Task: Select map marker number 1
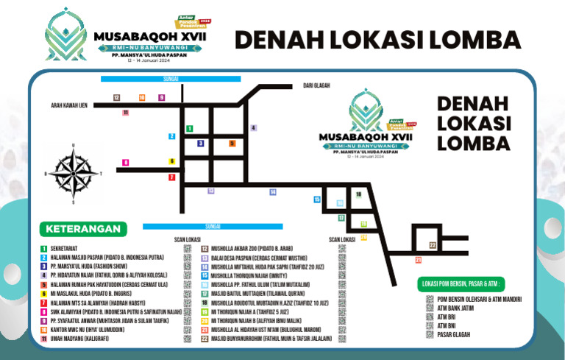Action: click(189, 129)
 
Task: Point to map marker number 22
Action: click(433, 244)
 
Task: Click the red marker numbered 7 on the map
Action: click(171, 177)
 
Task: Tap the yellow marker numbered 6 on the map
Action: click(172, 161)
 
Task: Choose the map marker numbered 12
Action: click(116, 97)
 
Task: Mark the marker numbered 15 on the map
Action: click(317, 200)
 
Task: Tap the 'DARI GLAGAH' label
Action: click(316, 86)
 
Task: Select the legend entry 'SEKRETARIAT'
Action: click(66, 249)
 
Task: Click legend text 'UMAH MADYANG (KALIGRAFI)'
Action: click(82, 339)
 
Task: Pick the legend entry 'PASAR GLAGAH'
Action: click(453, 335)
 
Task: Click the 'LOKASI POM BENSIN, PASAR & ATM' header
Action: click(462, 283)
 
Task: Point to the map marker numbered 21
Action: click(417, 260)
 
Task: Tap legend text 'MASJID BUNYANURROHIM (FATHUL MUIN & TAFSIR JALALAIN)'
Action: click(271, 339)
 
